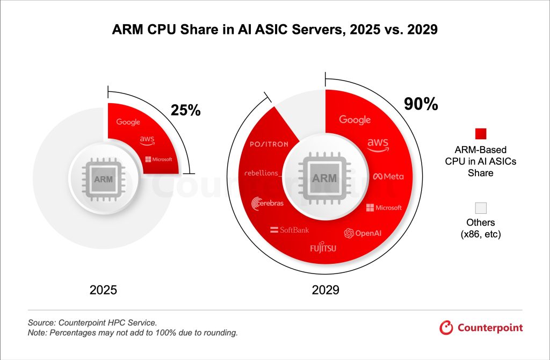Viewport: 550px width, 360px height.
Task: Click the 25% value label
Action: point(185,110)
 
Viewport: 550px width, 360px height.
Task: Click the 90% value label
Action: point(421,104)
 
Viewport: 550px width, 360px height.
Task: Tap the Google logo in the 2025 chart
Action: point(128,122)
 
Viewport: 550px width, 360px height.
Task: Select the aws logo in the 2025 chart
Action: point(147,140)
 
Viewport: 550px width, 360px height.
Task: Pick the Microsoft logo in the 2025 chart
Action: point(158,160)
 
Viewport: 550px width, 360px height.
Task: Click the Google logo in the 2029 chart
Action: point(355,120)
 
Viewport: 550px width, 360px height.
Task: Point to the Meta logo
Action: point(388,176)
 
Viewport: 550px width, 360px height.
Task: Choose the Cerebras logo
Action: point(267,203)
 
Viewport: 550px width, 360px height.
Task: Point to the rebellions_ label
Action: point(263,173)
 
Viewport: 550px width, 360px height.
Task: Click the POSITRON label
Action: point(269,144)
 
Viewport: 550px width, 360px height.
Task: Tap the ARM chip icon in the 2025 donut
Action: point(103,179)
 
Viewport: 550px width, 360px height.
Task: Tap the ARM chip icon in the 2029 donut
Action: point(324,178)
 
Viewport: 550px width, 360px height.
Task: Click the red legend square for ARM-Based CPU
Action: point(481,134)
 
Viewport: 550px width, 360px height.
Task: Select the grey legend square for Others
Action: point(481,208)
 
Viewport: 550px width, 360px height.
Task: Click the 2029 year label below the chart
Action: point(325,291)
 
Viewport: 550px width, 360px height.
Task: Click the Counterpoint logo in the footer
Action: point(481,327)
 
